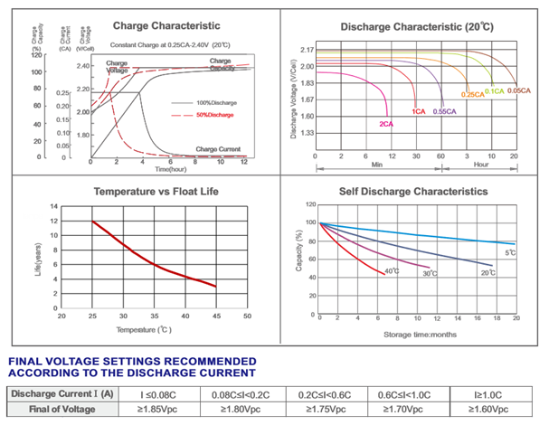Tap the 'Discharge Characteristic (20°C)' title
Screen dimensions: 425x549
click(x=416, y=27)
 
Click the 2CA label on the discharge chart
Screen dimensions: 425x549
click(x=386, y=122)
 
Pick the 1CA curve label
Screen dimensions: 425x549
click(x=419, y=111)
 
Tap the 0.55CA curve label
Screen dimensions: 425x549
click(x=444, y=111)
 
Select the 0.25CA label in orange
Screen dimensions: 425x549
click(x=472, y=94)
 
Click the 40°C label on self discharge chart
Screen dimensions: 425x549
click(x=392, y=270)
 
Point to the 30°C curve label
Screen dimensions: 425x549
click(x=429, y=273)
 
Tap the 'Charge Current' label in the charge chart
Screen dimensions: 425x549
click(x=218, y=147)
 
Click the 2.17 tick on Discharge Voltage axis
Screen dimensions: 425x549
click(x=308, y=50)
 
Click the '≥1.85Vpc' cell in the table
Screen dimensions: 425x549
click(x=159, y=410)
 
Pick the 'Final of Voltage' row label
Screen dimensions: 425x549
click(x=62, y=410)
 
